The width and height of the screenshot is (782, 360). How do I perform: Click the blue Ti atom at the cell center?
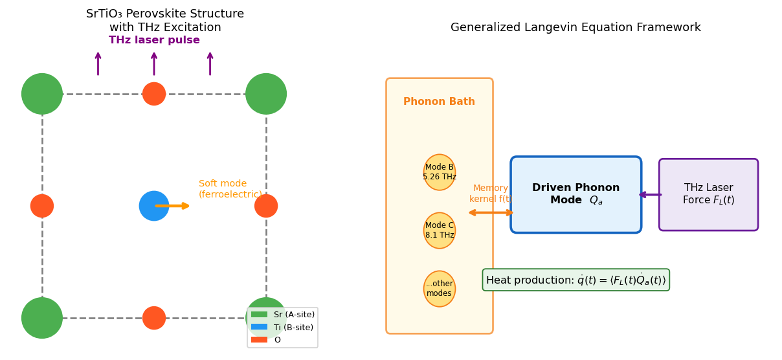[x=153, y=206]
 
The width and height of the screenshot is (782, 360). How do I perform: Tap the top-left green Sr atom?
[x=42, y=94]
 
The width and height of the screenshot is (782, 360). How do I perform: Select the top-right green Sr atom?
[x=266, y=94]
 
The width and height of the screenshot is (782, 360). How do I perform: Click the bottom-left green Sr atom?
[x=42, y=318]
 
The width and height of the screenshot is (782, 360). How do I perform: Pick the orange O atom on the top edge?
[x=154, y=94]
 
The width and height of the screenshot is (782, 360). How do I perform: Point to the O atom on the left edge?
[x=42, y=206]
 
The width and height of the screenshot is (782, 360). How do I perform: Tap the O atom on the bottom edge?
[x=154, y=318]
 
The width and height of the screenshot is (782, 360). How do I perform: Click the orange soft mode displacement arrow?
[x=173, y=206]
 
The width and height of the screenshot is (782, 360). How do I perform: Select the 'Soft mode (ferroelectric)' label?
[x=230, y=189]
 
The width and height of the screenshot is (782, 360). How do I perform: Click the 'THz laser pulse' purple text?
[x=154, y=40]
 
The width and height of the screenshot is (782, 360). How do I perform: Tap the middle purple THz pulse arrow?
[x=154, y=64]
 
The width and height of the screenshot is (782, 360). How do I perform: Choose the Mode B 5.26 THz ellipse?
[x=440, y=172]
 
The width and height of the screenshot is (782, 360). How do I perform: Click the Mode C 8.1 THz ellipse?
[x=440, y=231]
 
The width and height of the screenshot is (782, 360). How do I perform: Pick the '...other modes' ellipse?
[x=440, y=289]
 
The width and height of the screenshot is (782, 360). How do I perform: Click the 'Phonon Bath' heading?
[x=439, y=102]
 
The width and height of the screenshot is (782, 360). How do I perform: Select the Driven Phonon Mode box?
[x=576, y=194]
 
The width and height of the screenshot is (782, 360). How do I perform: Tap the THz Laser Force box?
[x=708, y=194]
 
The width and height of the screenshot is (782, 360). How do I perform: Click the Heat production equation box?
[x=575, y=280]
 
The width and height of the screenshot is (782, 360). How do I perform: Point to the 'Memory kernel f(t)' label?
[x=491, y=194]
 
